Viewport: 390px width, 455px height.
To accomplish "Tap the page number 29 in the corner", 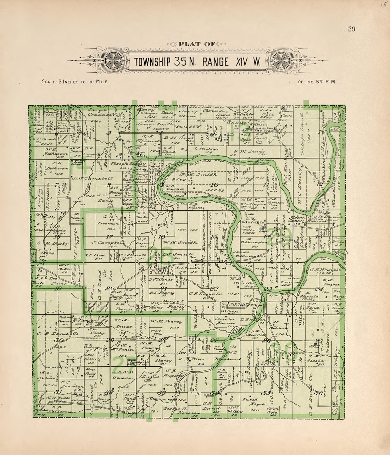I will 351,29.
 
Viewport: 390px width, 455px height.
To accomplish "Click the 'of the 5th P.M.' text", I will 317,82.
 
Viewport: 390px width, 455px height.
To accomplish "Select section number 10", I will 214,185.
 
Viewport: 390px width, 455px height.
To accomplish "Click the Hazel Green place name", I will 297,221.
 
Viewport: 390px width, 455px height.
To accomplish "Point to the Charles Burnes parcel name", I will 225,321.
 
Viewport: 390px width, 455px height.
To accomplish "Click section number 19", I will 58,288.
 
